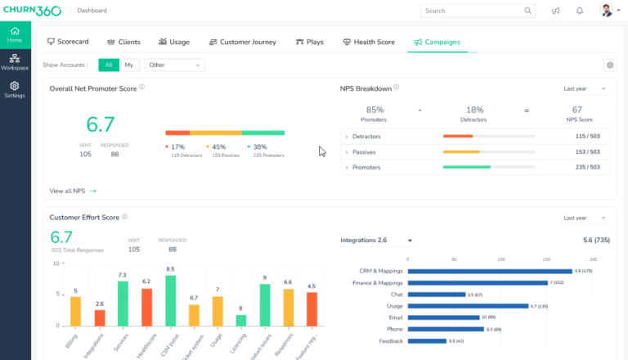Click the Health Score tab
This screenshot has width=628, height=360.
369,42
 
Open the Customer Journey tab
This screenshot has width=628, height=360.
242,42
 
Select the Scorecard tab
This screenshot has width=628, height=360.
68,42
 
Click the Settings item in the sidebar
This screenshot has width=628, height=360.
15,89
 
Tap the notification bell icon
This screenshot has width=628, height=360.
580,11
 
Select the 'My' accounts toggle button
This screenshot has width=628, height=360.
129,65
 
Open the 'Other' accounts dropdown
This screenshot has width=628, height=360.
174,65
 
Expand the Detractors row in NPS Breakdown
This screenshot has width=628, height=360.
347,137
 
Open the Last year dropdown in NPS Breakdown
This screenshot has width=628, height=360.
585,88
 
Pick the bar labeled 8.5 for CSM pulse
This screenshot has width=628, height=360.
170,300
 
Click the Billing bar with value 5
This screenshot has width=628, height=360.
75,311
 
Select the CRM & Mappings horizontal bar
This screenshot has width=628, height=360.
489,271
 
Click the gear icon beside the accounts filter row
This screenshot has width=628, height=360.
609,65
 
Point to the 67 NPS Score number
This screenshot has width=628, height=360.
577,110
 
